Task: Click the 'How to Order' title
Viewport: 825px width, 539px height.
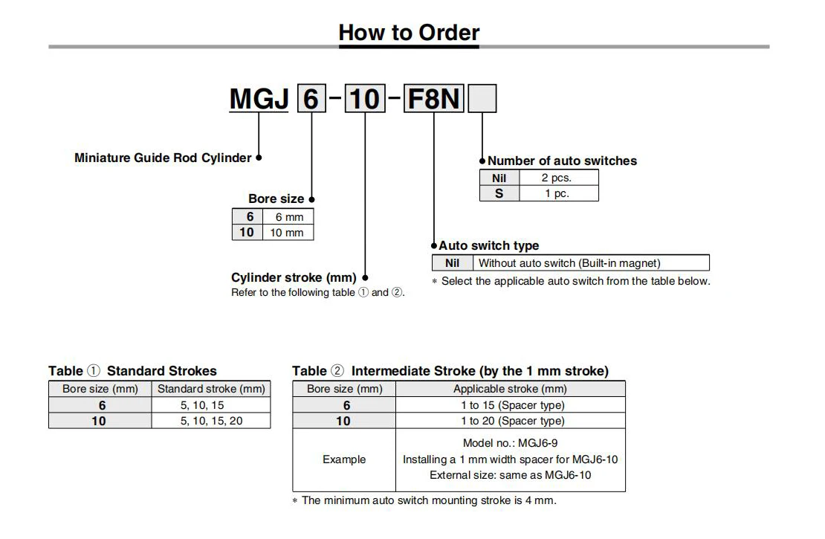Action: coord(409,33)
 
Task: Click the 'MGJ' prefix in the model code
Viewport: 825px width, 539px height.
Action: coord(259,99)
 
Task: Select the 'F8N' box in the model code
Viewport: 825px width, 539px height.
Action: coord(433,99)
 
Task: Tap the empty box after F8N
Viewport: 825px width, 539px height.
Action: coord(482,99)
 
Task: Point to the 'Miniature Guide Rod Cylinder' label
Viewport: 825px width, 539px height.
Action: coord(163,158)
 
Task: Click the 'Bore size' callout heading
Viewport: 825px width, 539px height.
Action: coord(276,199)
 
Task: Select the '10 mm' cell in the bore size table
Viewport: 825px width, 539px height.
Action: coord(286,233)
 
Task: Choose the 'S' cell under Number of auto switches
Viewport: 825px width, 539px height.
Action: coord(499,193)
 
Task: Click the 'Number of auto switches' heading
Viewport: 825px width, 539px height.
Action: coord(562,161)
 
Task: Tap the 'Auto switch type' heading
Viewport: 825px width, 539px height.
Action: coord(488,245)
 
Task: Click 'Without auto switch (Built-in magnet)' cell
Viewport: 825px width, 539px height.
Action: coord(569,262)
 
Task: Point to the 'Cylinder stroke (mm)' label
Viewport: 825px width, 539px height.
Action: coord(294,277)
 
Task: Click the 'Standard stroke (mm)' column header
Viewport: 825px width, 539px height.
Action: coord(211,389)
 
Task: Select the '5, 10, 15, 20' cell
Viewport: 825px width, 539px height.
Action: coord(211,421)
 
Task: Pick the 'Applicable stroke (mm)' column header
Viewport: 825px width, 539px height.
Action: coord(510,389)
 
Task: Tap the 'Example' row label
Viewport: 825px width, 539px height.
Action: coord(344,459)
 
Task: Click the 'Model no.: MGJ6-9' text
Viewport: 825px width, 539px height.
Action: coord(510,443)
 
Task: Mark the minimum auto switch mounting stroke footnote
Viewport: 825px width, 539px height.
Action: coord(424,500)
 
